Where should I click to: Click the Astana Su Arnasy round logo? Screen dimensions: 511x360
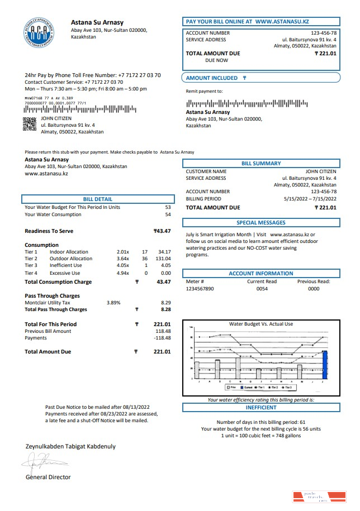click(39, 32)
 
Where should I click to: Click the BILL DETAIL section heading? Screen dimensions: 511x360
click(97, 199)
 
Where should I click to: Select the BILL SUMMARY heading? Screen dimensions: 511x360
click(261, 164)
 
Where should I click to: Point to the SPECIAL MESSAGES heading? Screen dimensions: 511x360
click(261, 223)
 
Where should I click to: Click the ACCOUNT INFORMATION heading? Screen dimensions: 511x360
click(261, 274)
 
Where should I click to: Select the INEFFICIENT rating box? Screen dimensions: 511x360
click(261, 408)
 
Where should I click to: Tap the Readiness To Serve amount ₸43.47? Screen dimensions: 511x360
click(162, 231)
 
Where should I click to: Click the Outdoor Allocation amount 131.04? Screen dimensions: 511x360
click(163, 259)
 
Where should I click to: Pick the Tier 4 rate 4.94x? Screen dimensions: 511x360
click(122, 273)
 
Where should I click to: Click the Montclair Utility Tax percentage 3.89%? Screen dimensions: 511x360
click(113, 302)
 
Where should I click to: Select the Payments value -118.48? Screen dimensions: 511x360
click(162, 338)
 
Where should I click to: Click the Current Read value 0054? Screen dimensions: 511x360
click(262, 289)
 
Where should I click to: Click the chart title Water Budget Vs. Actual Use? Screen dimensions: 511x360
click(260, 324)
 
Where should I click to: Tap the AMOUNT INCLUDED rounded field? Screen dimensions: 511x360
click(261, 78)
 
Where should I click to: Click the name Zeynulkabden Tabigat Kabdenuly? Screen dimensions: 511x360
click(70, 446)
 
